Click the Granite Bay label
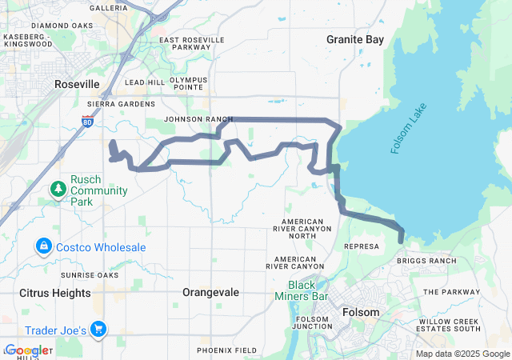(x=355, y=39)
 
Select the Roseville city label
(x=78, y=84)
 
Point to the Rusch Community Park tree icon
(x=58, y=190)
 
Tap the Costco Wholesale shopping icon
(x=44, y=247)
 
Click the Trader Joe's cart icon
(x=99, y=329)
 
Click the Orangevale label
(x=211, y=293)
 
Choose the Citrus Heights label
(x=55, y=293)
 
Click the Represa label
(x=361, y=247)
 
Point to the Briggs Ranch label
(x=427, y=261)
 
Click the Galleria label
(x=109, y=8)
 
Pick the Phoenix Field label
(x=227, y=350)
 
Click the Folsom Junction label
(x=313, y=323)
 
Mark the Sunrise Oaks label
(x=94, y=275)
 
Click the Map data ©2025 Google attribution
(x=462, y=354)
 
